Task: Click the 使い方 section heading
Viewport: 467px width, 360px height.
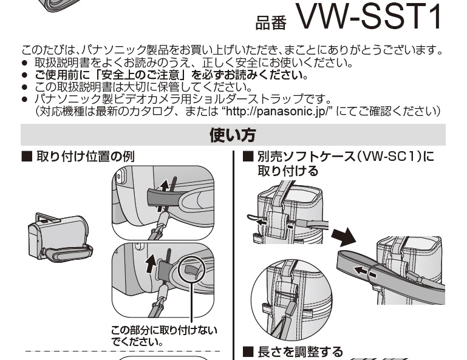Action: [233, 135]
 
